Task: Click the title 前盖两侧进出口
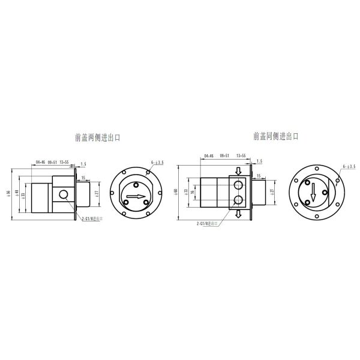coord(98,137)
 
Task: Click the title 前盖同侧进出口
coord(275,136)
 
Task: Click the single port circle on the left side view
coord(63,194)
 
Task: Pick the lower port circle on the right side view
coord(239,200)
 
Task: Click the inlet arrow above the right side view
coord(239,169)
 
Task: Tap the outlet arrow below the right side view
coord(239,215)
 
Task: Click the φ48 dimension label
coord(17,195)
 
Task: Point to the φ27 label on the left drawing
coord(96,193)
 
